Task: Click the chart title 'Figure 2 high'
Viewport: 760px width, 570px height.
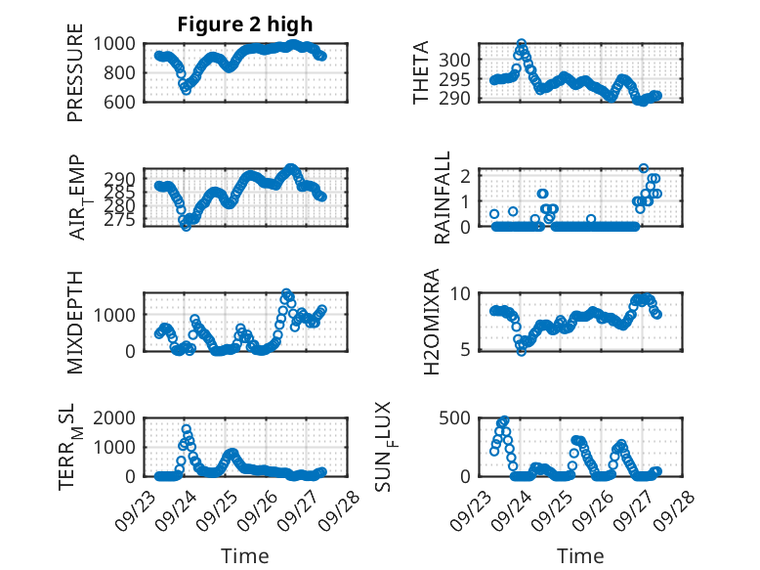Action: tap(244, 24)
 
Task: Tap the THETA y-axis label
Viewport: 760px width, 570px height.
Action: tap(421, 72)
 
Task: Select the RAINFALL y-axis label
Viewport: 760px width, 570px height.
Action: tap(443, 197)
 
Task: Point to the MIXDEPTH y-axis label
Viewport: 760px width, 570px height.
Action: tap(75, 322)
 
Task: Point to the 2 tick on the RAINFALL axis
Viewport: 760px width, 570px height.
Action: tap(467, 175)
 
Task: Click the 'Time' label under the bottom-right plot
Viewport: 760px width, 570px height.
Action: tap(580, 556)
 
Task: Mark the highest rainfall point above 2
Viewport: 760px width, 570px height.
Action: tap(644, 169)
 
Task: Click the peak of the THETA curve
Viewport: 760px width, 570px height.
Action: tap(522, 44)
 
